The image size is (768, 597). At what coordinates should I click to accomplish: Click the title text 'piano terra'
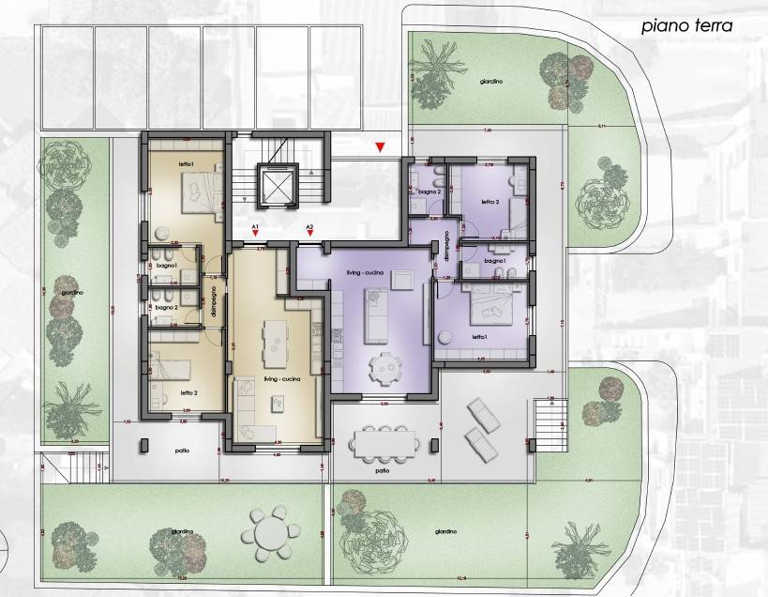(x=685, y=26)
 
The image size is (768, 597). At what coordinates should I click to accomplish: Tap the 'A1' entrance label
(x=255, y=227)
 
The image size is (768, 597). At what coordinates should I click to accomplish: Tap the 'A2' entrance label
(x=309, y=227)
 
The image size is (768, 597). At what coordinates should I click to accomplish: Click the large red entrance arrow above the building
(x=380, y=147)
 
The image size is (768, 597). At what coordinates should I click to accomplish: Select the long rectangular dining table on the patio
(x=384, y=440)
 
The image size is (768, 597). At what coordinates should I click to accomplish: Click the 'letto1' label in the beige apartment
(x=186, y=165)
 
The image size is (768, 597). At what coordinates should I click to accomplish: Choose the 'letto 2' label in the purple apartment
(x=490, y=202)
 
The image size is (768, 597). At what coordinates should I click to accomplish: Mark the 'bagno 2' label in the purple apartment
(x=429, y=191)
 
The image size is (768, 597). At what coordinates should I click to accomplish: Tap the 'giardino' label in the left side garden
(x=72, y=292)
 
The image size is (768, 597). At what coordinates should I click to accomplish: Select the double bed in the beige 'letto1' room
(x=201, y=191)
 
